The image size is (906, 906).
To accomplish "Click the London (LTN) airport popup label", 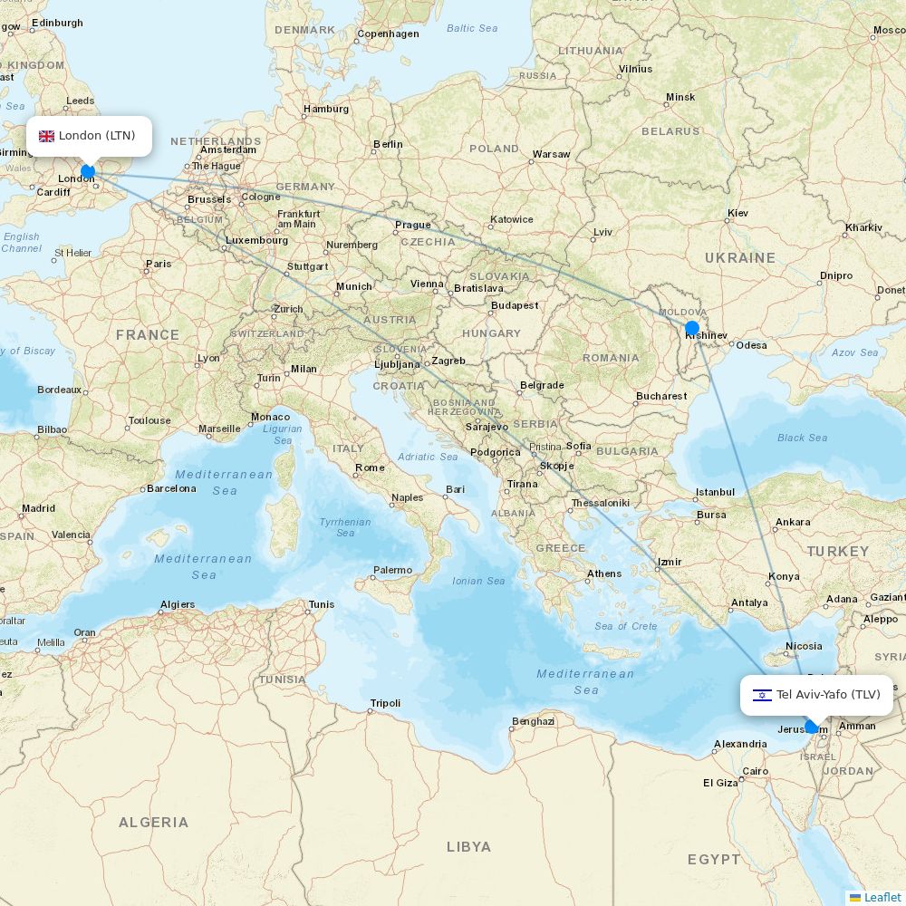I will [89, 136].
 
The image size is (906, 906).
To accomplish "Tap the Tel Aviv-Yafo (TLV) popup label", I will [816, 695].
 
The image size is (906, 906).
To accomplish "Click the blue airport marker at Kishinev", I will [692, 328].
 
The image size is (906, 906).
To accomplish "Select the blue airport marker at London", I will [88, 171].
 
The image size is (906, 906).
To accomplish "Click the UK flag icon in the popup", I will [46, 136].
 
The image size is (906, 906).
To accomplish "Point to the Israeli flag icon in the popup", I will [762, 695].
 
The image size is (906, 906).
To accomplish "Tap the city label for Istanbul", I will [715, 493].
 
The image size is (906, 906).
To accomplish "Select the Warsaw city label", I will [551, 154].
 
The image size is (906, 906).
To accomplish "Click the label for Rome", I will [370, 468].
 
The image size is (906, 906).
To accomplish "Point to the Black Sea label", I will [802, 438].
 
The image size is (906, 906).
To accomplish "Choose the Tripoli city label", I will [385, 704].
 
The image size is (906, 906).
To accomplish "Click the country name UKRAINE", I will [739, 258].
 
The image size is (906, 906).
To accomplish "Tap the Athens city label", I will [603, 573].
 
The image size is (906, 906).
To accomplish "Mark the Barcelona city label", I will [172, 488].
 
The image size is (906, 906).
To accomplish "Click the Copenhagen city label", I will [388, 34].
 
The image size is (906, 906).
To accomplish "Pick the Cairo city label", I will [755, 772].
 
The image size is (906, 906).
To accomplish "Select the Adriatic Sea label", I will [429, 457].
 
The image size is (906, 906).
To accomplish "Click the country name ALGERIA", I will [153, 823].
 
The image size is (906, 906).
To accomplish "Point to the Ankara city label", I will [793, 523].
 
